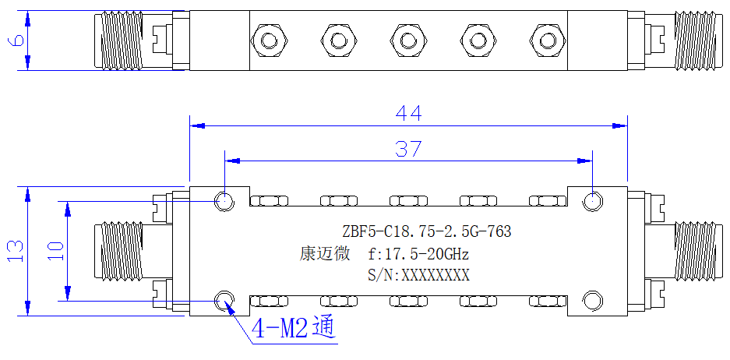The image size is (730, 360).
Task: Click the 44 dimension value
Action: (x=409, y=113)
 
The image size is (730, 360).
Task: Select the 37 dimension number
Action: (x=408, y=149)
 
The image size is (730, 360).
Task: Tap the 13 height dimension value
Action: (x=16, y=251)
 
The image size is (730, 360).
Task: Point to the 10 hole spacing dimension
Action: (x=55, y=252)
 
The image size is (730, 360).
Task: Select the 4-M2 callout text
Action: (x=293, y=330)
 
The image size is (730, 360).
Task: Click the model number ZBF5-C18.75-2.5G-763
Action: (x=426, y=231)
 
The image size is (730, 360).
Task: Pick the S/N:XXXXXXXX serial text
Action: (x=418, y=275)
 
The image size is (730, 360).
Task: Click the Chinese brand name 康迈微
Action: (x=324, y=254)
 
